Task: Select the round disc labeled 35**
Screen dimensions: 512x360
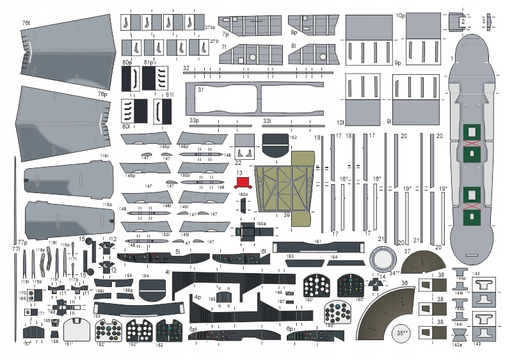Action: (402, 333)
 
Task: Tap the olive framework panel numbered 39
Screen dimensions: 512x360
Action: (282, 192)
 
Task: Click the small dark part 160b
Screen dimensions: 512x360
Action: (243, 205)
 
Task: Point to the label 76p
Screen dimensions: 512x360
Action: (102, 94)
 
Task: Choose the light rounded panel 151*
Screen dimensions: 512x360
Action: (78, 331)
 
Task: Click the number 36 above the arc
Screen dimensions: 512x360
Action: (404, 283)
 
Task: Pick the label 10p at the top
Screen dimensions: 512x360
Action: (401, 15)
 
